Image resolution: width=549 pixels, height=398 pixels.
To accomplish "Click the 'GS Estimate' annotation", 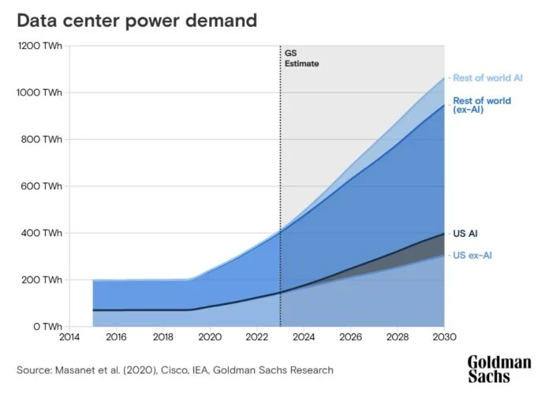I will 302,58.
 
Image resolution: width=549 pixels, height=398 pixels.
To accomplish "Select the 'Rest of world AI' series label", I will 487,77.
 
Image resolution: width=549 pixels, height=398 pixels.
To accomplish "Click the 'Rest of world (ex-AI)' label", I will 482,105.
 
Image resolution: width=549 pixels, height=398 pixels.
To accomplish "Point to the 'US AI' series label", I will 465,234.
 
